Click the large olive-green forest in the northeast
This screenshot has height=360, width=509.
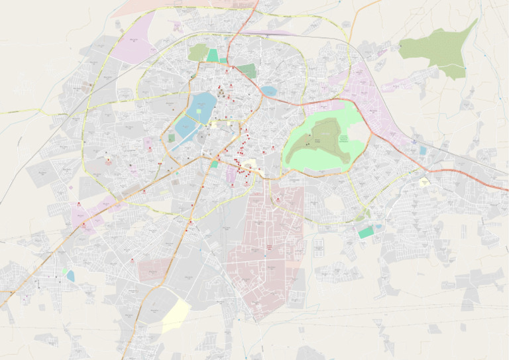[x=441, y=50]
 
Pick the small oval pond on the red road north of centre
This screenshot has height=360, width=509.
[x=268, y=91]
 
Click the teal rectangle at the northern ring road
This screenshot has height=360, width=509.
[x=213, y=56]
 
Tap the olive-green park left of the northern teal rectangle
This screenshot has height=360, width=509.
[x=198, y=52]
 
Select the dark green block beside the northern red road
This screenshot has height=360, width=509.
[x=247, y=71]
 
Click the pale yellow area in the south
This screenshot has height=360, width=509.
[x=176, y=316]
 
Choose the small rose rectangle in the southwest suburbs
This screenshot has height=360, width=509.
[x=154, y=269]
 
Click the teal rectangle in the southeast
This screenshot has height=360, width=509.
[x=366, y=233]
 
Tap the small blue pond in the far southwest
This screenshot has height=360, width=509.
[x=70, y=275]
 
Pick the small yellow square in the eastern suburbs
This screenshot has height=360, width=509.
[x=424, y=181]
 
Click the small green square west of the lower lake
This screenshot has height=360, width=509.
[x=172, y=138]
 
